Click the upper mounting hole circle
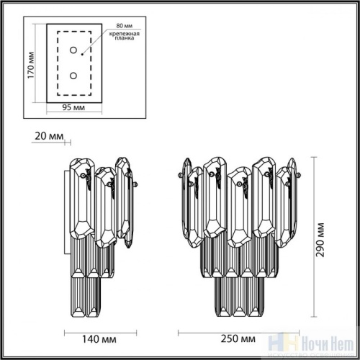73,50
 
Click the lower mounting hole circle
73,74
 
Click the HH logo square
297,346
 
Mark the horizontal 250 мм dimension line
238,330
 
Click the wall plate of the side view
68,216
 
